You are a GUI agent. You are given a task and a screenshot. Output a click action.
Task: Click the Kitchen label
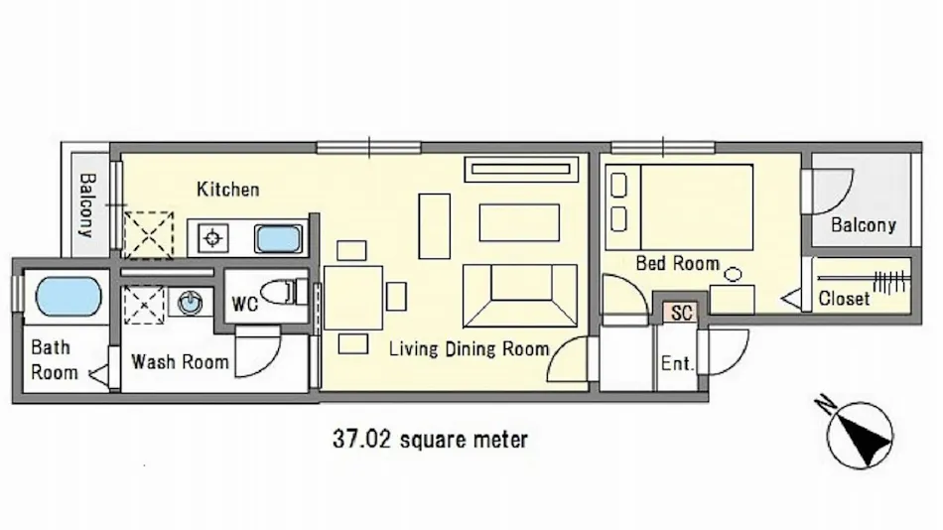tap(228, 190)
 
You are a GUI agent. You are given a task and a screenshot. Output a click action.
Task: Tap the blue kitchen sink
tap(278, 239)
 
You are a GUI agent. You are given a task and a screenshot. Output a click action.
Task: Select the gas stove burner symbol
tap(212, 239)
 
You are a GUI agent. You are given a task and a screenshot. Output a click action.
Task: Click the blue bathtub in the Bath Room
tap(68, 297)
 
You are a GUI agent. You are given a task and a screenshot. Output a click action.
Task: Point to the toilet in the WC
tap(284, 292)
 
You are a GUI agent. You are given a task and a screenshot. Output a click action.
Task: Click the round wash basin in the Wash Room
tap(191, 302)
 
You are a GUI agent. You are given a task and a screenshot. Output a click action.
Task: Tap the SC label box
tap(681, 313)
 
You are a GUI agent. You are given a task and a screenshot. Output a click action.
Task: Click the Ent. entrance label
tap(677, 363)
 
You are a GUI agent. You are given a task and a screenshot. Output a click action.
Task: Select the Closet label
tap(844, 299)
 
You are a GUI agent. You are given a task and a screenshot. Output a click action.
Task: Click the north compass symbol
tap(858, 435)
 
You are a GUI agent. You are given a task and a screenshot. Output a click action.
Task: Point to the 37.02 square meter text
tap(430, 439)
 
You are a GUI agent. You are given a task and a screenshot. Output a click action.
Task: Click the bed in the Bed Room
tap(679, 207)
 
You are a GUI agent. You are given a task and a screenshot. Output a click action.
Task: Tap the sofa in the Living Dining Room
tap(519, 296)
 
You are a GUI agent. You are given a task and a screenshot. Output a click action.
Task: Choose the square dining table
tap(353, 298)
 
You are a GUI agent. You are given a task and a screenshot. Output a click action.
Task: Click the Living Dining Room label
tap(469, 349)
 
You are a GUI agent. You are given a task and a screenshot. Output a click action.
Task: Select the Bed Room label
tap(678, 263)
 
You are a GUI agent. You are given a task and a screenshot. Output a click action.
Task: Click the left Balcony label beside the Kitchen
tap(87, 205)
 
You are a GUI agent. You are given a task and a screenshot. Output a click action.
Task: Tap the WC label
tap(245, 305)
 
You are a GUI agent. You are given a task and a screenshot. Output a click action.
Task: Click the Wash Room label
tap(180, 361)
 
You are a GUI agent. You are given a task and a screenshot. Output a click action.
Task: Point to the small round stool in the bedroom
tap(734, 275)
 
